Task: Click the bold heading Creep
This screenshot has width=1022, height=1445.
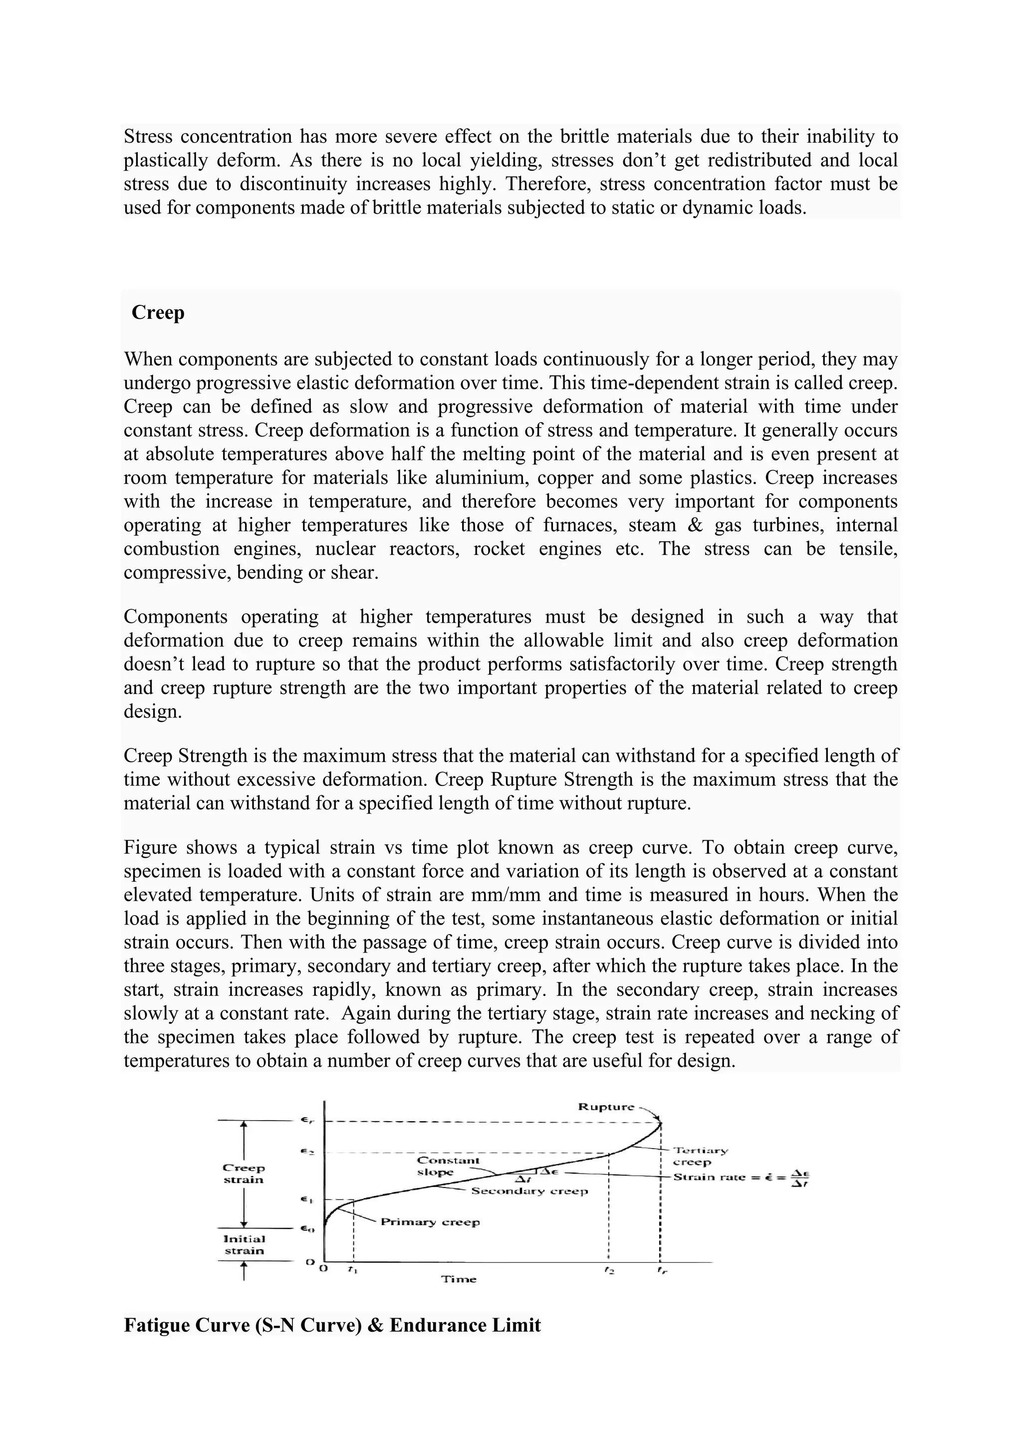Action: [x=158, y=313]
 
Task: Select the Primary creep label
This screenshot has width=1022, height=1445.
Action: [x=431, y=1221]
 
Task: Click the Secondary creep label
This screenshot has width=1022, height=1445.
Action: [x=529, y=1191]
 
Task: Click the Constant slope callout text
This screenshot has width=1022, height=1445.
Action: [x=448, y=1166]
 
